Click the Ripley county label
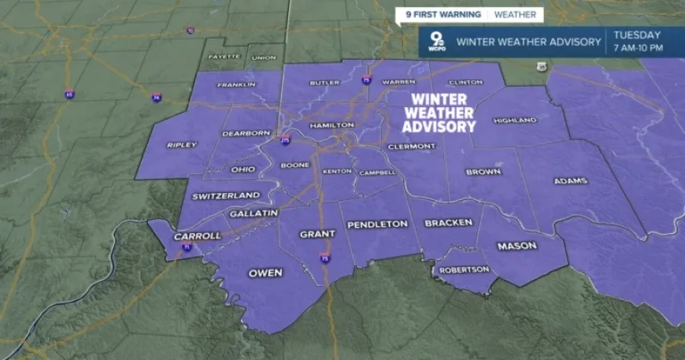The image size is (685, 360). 182,145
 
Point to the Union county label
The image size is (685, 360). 265,58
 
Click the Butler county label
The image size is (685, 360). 324,82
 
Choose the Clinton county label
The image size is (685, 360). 465,82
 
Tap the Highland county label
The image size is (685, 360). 514,121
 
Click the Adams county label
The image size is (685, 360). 571,181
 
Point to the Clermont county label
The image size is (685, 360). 412,147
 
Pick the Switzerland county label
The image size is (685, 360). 226,195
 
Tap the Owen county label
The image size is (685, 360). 265,273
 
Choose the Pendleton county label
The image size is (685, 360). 378,224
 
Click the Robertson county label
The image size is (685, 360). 465,269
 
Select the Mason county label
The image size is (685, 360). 517,246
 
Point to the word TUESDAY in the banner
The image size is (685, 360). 637,35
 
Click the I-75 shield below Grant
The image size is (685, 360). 325,257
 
